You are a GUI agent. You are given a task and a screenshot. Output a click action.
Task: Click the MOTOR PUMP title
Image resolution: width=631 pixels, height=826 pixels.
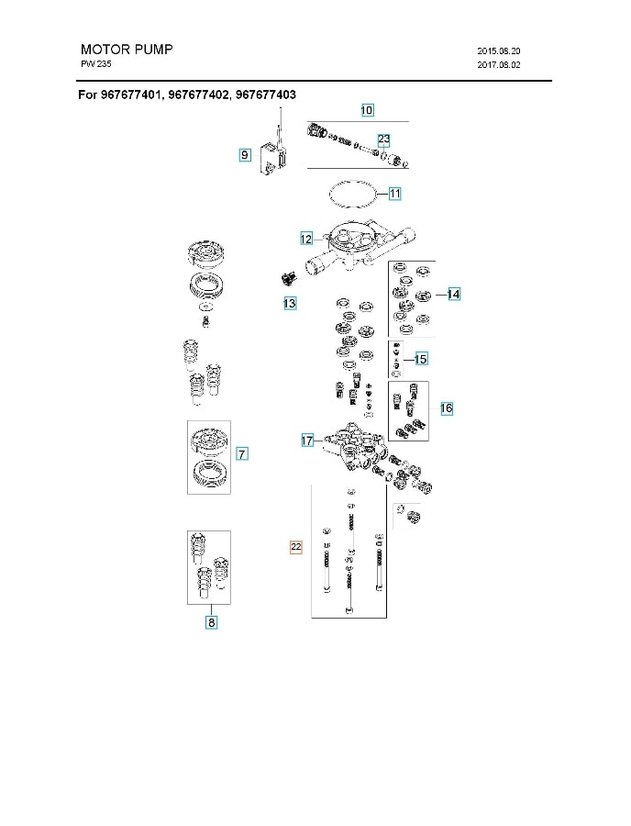tap(127, 49)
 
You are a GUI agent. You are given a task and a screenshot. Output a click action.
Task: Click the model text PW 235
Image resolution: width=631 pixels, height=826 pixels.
tap(96, 65)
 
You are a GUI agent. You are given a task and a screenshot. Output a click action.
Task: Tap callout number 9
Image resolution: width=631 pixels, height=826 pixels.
tap(245, 156)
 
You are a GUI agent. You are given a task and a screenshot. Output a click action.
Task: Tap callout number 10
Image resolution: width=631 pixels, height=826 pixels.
tap(366, 111)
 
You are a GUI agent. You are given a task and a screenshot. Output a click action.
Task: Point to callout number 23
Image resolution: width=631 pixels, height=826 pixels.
tap(383, 139)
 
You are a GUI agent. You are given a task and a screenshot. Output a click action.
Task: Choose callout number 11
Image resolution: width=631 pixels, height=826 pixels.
tap(394, 194)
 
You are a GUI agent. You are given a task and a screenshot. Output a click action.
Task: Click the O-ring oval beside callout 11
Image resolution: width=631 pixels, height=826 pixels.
tap(352, 195)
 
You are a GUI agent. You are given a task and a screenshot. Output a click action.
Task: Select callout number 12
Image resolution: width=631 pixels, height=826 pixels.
tap(307, 239)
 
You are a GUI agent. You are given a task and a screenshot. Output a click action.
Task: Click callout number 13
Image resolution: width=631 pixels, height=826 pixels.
tap(289, 302)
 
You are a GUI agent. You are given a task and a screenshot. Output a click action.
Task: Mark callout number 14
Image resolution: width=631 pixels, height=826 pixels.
tap(453, 295)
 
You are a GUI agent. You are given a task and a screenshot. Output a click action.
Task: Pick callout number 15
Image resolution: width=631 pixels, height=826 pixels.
tap(421, 358)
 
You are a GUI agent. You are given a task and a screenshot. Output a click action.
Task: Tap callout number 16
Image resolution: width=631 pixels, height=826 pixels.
tap(446, 407)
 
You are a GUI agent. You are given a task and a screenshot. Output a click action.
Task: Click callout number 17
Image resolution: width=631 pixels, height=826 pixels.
tap(308, 441)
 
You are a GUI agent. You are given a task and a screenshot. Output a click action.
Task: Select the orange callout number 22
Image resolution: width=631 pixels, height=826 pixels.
tap(295, 547)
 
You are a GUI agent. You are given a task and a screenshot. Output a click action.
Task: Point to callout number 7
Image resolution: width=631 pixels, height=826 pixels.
tap(242, 453)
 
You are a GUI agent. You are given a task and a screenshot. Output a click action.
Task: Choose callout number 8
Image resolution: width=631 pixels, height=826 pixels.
tap(211, 622)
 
